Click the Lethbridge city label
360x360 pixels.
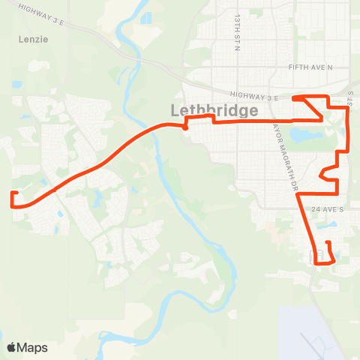(214, 110)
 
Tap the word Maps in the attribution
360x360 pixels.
(33, 347)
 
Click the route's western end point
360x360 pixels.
(13, 193)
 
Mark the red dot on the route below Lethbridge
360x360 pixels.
(184, 127)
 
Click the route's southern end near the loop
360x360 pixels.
(328, 241)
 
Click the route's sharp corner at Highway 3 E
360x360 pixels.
(294, 98)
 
